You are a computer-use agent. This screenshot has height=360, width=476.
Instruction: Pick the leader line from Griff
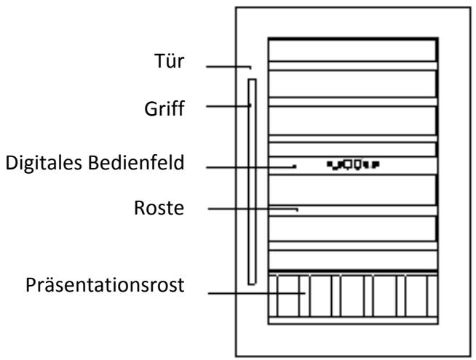(228, 106)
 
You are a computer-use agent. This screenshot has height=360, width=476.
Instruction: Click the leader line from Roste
(251, 209)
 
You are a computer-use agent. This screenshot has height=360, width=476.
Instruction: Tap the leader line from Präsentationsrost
(255, 294)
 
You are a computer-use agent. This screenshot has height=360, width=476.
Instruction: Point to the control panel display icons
(352, 164)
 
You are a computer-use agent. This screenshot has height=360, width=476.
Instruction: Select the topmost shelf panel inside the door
(352, 49)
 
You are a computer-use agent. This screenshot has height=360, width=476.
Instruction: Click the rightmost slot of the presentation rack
(421, 296)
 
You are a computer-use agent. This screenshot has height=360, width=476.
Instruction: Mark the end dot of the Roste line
(298, 209)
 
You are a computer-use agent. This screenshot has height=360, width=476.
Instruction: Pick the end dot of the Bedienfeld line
(295, 167)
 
